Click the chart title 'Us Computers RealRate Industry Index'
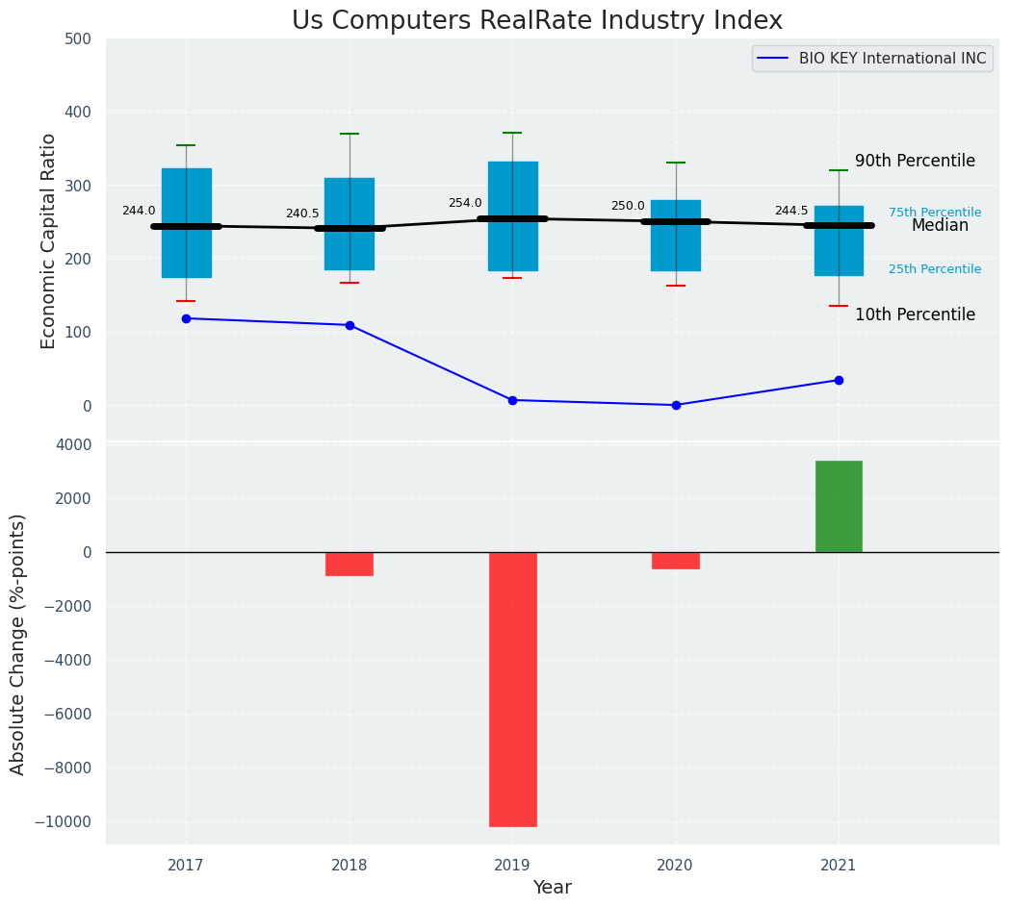pos(537,20)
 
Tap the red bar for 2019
pos(512,689)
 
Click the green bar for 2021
pos(839,506)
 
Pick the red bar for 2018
pos(349,564)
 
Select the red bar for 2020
pos(676,561)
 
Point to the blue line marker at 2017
pos(186,318)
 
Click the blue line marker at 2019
pos(512,400)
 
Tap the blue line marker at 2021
pos(839,380)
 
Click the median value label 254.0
pos(465,203)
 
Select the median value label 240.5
pos(302,214)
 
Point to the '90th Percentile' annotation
pos(915,162)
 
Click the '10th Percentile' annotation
pos(915,315)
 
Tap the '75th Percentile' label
pos(935,213)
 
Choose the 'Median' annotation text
pos(940,226)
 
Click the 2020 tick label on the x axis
pos(675,866)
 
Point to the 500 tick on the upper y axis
pos(78,39)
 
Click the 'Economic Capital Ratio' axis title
pos(49,240)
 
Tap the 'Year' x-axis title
pos(553,888)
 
